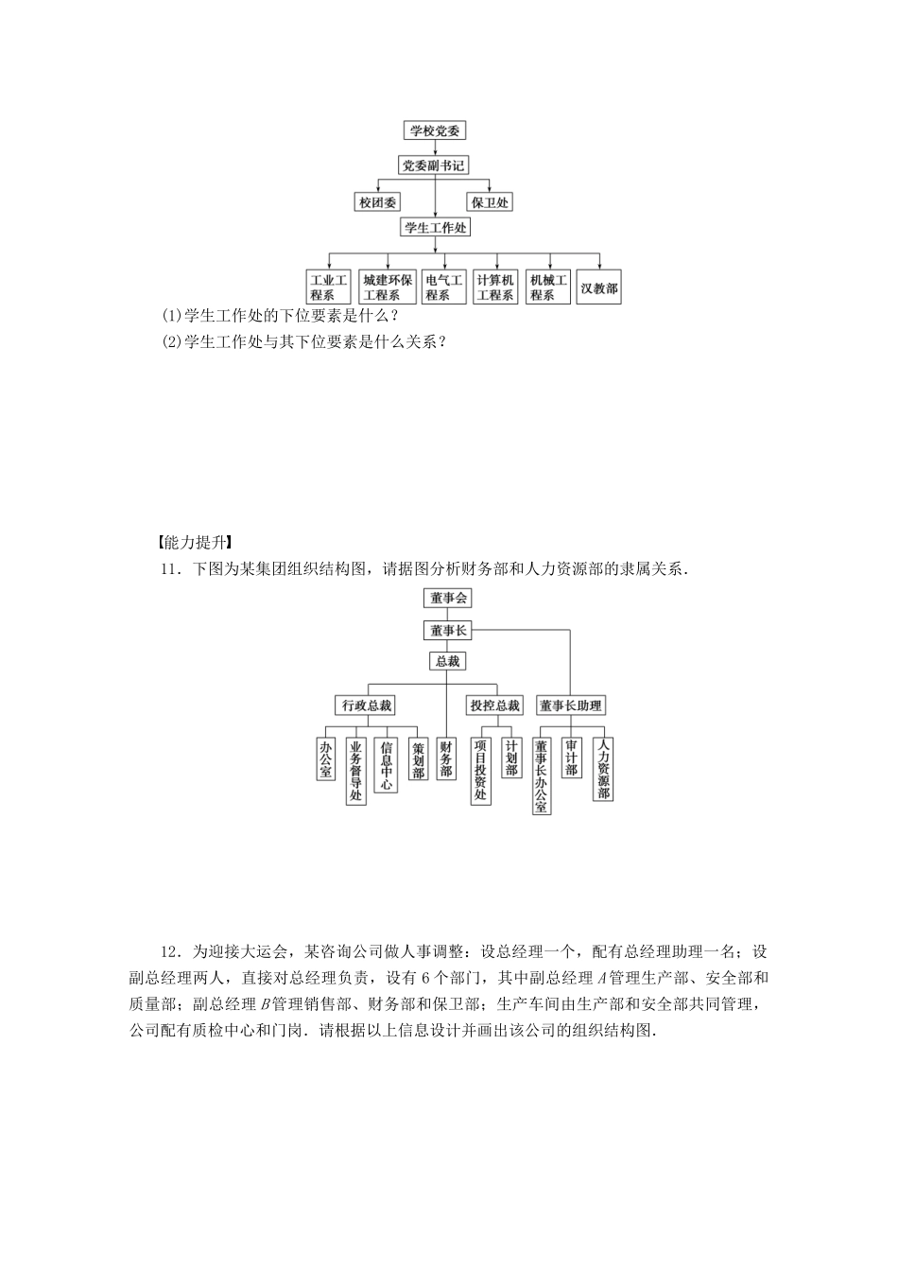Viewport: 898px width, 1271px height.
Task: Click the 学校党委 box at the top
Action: pos(435,131)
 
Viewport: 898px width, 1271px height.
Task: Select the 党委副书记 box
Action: pos(434,165)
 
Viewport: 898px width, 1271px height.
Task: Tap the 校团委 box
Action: pos(378,202)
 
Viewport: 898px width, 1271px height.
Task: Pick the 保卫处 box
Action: pos(490,202)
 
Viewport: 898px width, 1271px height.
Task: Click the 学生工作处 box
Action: pos(436,228)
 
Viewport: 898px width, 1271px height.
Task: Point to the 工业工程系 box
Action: pos(328,287)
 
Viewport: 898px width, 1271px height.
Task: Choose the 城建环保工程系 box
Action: pos(388,287)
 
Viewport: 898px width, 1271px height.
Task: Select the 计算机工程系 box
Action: pos(495,287)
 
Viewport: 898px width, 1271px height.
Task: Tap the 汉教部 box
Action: pos(599,287)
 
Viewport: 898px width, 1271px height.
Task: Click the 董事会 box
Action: pos(448,598)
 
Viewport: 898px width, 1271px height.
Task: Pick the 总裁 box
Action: pos(447,662)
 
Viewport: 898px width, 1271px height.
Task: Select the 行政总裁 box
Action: pos(366,705)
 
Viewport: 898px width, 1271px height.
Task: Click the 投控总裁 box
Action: pos(494,705)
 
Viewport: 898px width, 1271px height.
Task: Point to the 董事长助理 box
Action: pos(570,705)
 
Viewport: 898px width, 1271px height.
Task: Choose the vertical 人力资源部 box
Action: pos(603,769)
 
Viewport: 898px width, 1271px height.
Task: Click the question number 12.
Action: pos(171,951)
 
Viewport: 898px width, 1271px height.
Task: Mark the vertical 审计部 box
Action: pos(571,757)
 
